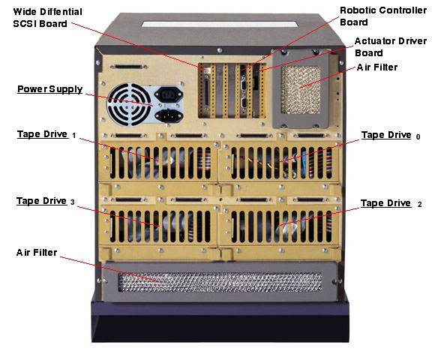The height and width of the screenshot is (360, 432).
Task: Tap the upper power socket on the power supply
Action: pos(167,94)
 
